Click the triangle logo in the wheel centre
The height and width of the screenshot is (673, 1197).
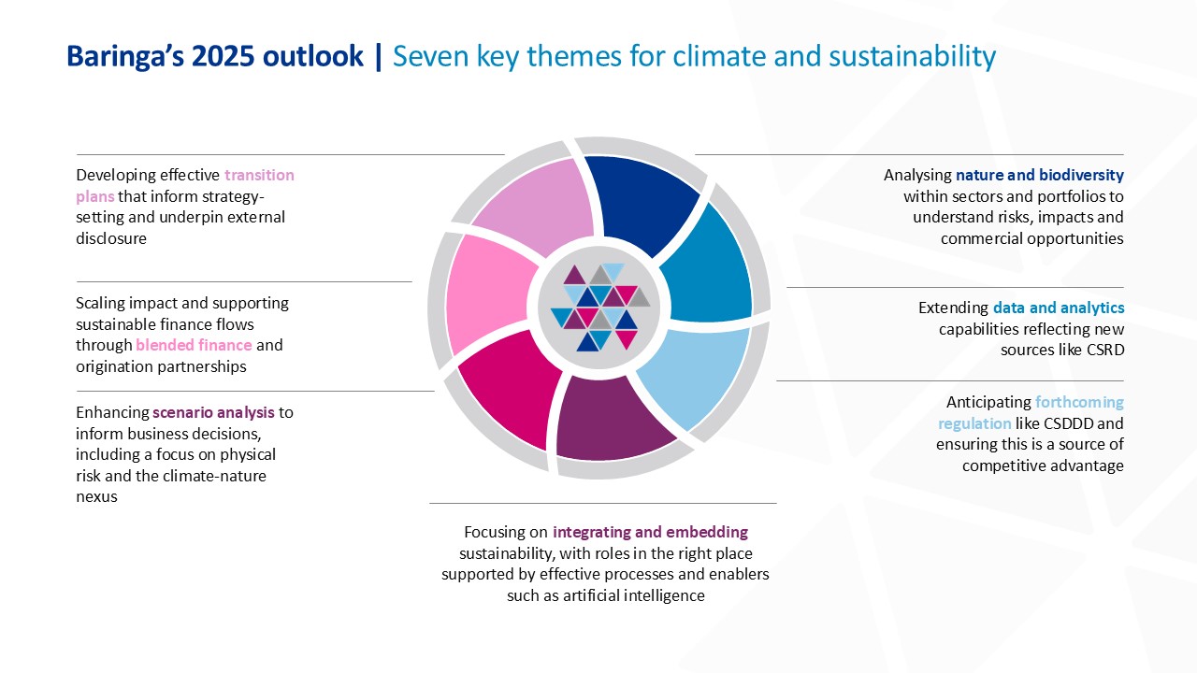(600, 308)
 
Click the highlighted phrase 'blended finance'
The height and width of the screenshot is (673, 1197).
(194, 345)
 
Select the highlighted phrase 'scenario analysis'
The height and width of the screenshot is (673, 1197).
(213, 412)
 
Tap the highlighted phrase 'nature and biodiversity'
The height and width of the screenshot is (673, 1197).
(1039, 175)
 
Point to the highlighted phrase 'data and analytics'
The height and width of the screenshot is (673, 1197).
(1059, 308)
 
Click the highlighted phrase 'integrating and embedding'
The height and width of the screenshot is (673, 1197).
(650, 532)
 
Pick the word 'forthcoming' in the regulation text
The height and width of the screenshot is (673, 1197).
(1079, 402)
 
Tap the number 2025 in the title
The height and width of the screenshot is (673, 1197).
(223, 56)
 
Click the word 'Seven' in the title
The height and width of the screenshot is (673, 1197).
(431, 56)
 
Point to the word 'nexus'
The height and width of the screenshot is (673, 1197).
(96, 496)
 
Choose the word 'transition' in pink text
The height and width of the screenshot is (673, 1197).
(259, 175)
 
